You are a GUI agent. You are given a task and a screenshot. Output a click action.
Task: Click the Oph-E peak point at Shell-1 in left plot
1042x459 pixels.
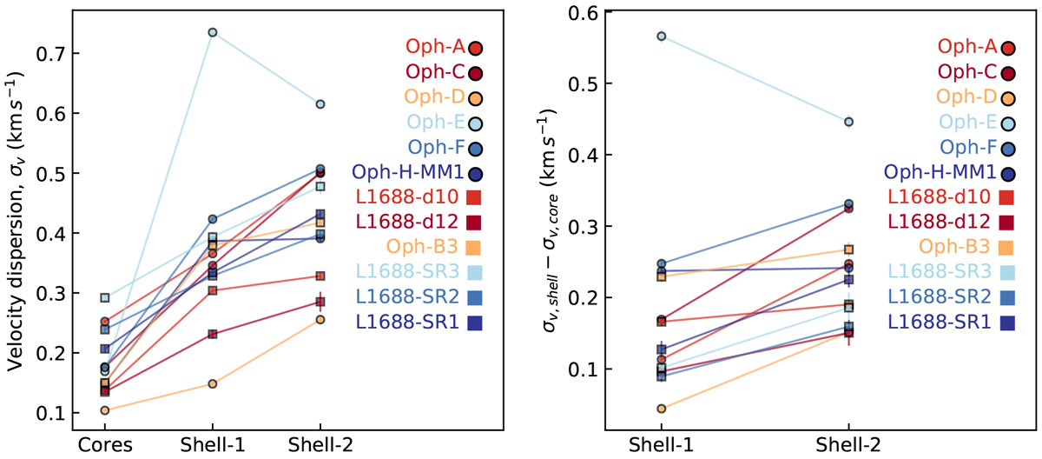[x=213, y=32]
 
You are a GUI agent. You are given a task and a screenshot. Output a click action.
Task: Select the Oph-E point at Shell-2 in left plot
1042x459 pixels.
[x=320, y=104]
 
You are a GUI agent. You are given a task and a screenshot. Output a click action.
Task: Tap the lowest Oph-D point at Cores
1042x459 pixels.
[x=105, y=410]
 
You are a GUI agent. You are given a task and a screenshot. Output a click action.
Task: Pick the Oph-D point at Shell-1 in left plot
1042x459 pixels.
[x=213, y=383]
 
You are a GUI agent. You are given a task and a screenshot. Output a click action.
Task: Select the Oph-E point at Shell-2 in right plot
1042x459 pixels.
[x=849, y=122]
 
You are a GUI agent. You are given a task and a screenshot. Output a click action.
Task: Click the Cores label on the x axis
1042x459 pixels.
[x=105, y=445]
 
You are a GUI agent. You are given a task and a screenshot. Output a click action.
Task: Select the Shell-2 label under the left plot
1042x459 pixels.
[x=320, y=445]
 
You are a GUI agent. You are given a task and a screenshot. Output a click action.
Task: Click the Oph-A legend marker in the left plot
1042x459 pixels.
[x=475, y=50]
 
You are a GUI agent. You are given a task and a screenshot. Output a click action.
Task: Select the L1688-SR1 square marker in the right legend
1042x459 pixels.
[x=1007, y=323]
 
